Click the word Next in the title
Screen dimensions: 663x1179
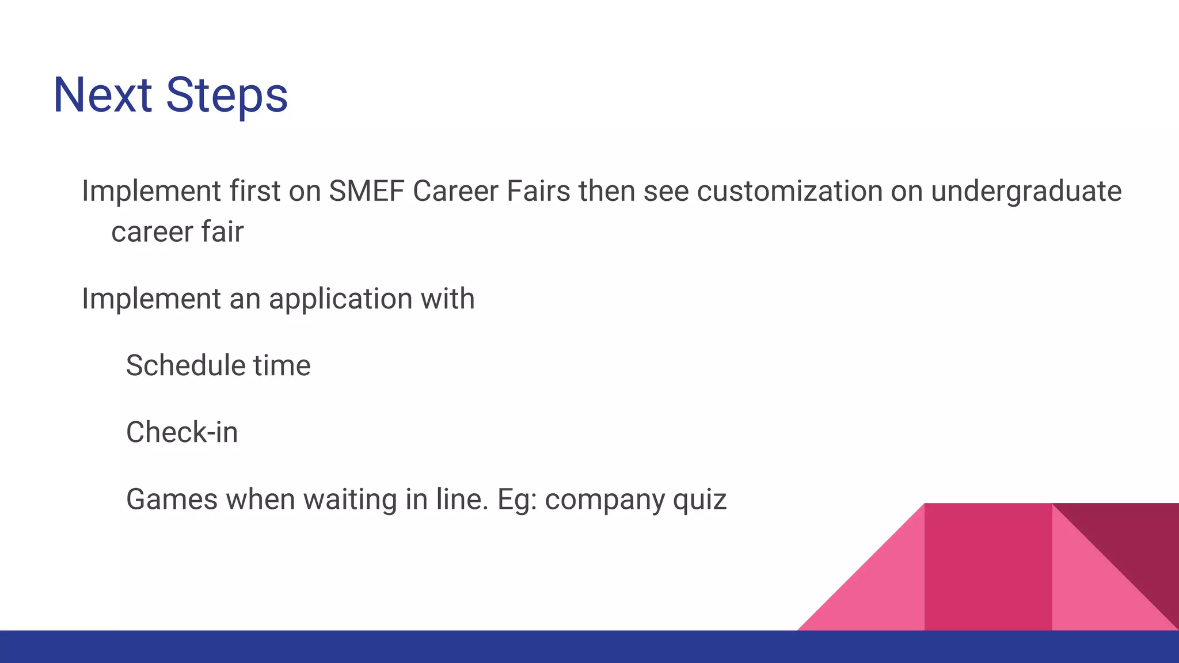pos(102,95)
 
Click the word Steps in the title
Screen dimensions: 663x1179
pos(227,96)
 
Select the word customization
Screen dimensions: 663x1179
pos(789,191)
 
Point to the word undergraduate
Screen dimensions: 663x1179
pos(1026,192)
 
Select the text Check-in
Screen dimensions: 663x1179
pos(182,432)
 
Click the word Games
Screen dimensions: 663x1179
pos(172,499)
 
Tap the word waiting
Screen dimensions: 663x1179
pos(350,500)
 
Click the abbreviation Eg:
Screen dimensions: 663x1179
pos(517,500)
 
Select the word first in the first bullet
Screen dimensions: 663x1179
pos(254,191)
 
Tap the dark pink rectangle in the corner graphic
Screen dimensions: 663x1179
pos(988,567)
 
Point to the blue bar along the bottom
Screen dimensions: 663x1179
pos(589,647)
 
